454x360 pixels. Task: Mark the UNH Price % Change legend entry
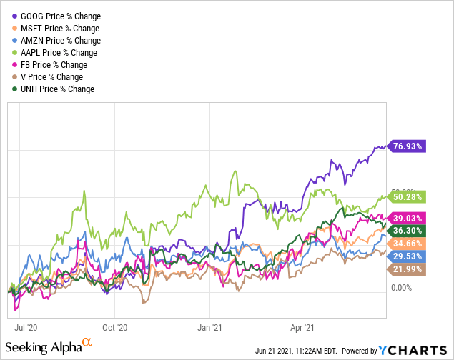point(56,89)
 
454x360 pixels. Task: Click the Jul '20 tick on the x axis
point(26,329)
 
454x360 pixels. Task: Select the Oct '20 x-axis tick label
point(114,329)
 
